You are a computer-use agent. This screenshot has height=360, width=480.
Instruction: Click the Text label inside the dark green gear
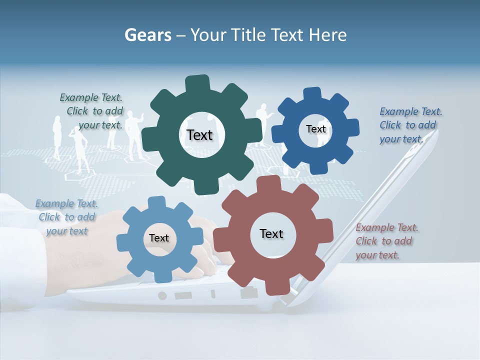tap(199, 135)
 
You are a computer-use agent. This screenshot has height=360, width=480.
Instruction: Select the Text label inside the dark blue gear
tap(315, 129)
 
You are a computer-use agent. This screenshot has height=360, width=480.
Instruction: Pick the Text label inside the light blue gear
tap(159, 238)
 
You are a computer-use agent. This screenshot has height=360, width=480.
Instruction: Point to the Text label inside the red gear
tap(271, 233)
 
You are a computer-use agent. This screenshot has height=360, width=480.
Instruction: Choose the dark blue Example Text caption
tap(410, 125)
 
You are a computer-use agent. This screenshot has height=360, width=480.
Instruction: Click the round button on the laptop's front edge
tap(162, 295)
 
